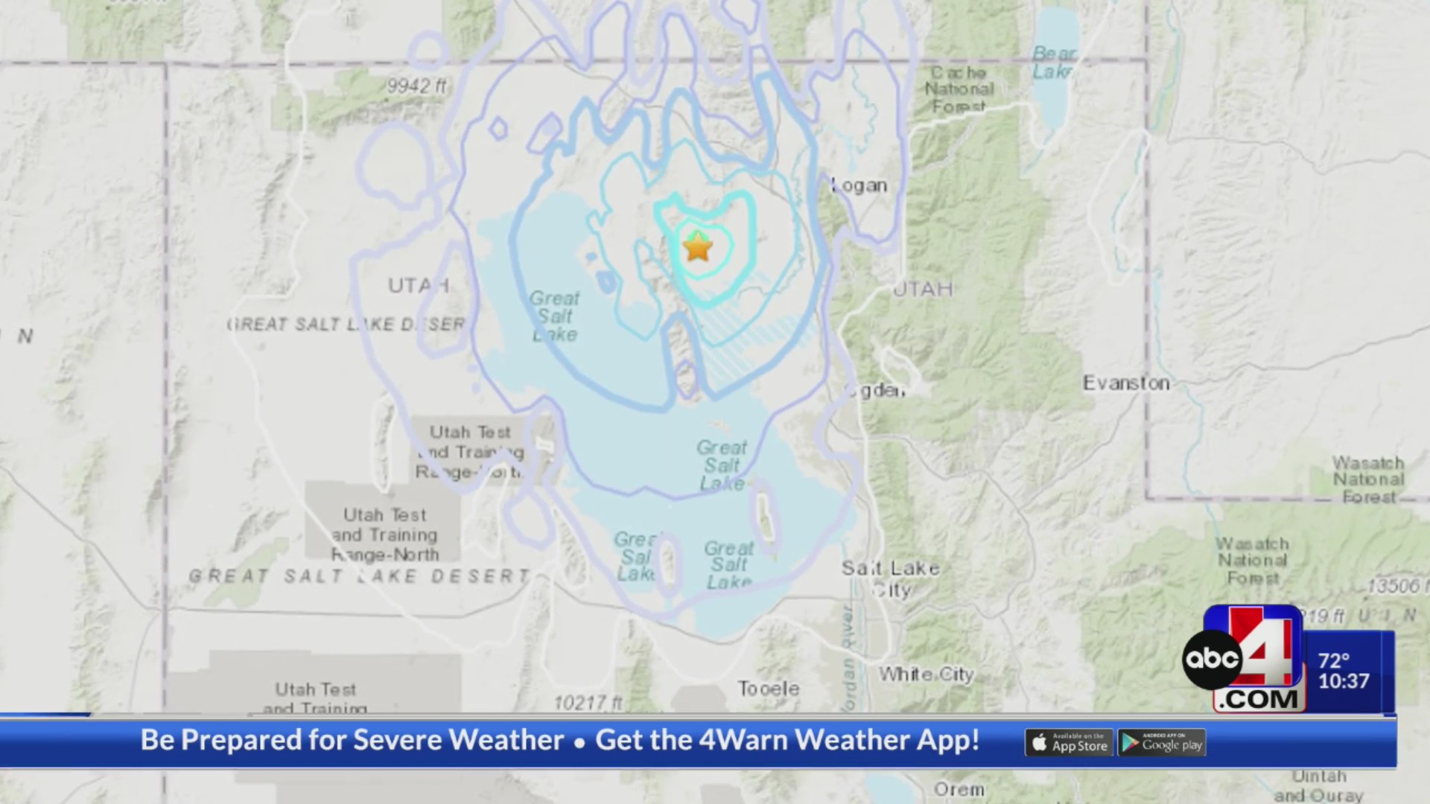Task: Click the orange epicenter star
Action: [697, 246]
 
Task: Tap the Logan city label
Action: [859, 185]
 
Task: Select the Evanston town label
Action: [1125, 383]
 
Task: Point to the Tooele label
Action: [769, 689]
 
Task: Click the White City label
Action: [927, 674]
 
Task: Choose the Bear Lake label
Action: [1053, 63]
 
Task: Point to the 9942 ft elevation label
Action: [416, 86]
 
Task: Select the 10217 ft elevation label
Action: [588, 702]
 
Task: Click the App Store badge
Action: [1069, 743]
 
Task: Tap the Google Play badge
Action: [1162, 743]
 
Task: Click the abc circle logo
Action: [1213, 659]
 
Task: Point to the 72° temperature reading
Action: [1334, 661]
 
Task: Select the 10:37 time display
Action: [1344, 681]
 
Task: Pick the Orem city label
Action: [959, 789]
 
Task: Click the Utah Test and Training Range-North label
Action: [385, 535]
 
